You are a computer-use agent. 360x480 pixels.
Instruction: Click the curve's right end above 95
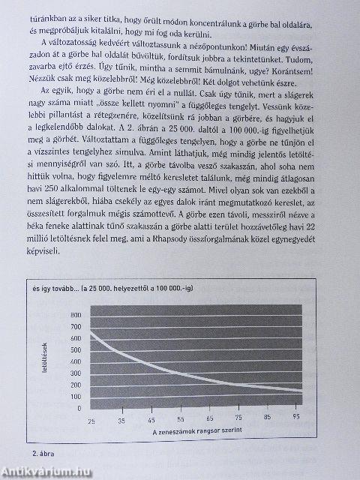coord(302,392)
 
